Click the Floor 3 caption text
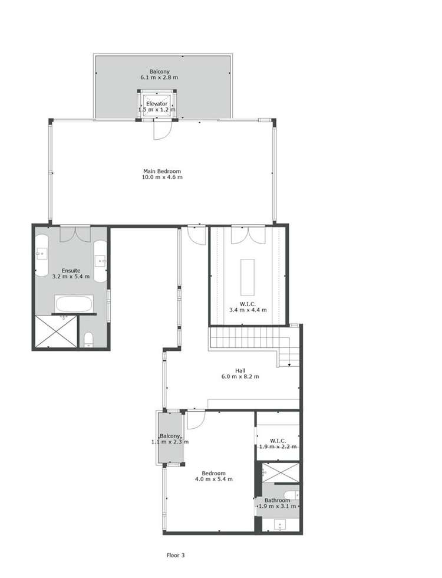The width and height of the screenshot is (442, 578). click(x=176, y=555)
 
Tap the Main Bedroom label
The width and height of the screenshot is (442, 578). click(x=162, y=174)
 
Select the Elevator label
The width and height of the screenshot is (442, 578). click(x=157, y=106)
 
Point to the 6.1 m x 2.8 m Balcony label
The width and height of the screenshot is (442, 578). click(x=159, y=74)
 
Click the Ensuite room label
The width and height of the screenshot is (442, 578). click(x=71, y=273)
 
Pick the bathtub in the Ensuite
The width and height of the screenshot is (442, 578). click(x=74, y=304)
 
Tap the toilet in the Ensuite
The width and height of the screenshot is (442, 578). click(x=88, y=339)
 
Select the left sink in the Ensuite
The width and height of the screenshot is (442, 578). click(x=41, y=255)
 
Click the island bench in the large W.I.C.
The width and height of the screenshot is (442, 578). click(x=248, y=276)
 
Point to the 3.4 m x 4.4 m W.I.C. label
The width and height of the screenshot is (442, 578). click(x=248, y=307)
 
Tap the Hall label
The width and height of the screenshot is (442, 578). click(x=240, y=373)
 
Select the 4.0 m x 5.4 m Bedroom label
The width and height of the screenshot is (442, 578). click(x=213, y=476)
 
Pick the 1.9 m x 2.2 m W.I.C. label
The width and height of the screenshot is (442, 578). click(x=278, y=444)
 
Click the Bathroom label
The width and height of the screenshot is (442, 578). click(x=277, y=503)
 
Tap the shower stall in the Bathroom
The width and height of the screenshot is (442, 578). click(x=281, y=473)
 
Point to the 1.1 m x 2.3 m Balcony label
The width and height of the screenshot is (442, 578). click(x=170, y=439)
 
